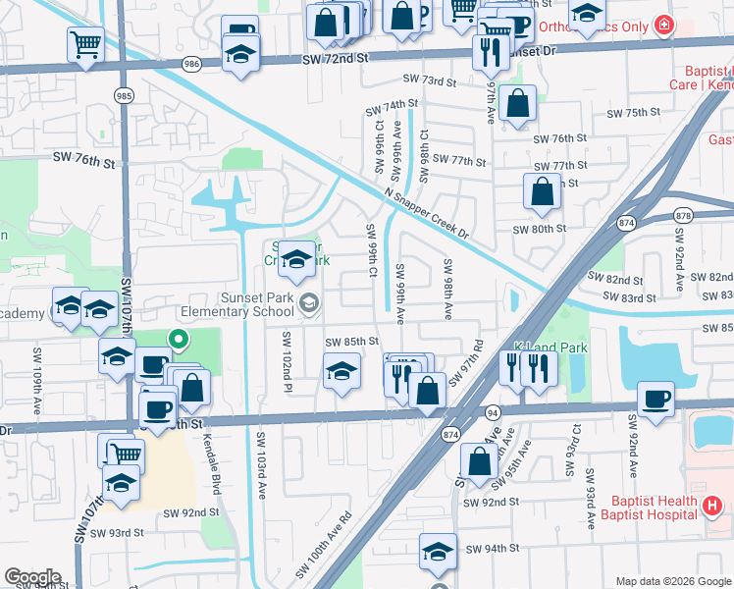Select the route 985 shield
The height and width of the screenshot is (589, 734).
click(x=124, y=96)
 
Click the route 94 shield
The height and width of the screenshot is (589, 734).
click(x=493, y=413)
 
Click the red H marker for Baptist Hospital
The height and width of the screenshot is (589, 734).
click(x=713, y=507)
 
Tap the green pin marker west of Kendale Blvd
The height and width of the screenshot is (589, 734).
click(x=178, y=341)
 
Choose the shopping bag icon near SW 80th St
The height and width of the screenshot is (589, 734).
click(x=542, y=193)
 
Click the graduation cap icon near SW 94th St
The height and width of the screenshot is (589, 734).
click(x=438, y=553)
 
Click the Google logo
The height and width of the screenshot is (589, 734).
click(x=33, y=576)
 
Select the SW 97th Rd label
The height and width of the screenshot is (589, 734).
click(x=478, y=360)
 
